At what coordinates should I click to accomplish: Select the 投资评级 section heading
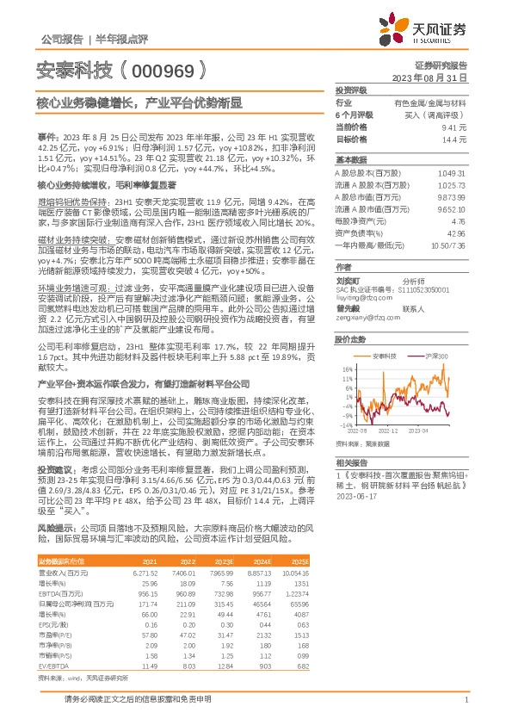click(x=351, y=90)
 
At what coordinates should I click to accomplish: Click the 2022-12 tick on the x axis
click(x=390, y=428)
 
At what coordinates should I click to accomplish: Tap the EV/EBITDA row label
click(x=53, y=642)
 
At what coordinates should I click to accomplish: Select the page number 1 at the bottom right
click(x=466, y=700)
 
